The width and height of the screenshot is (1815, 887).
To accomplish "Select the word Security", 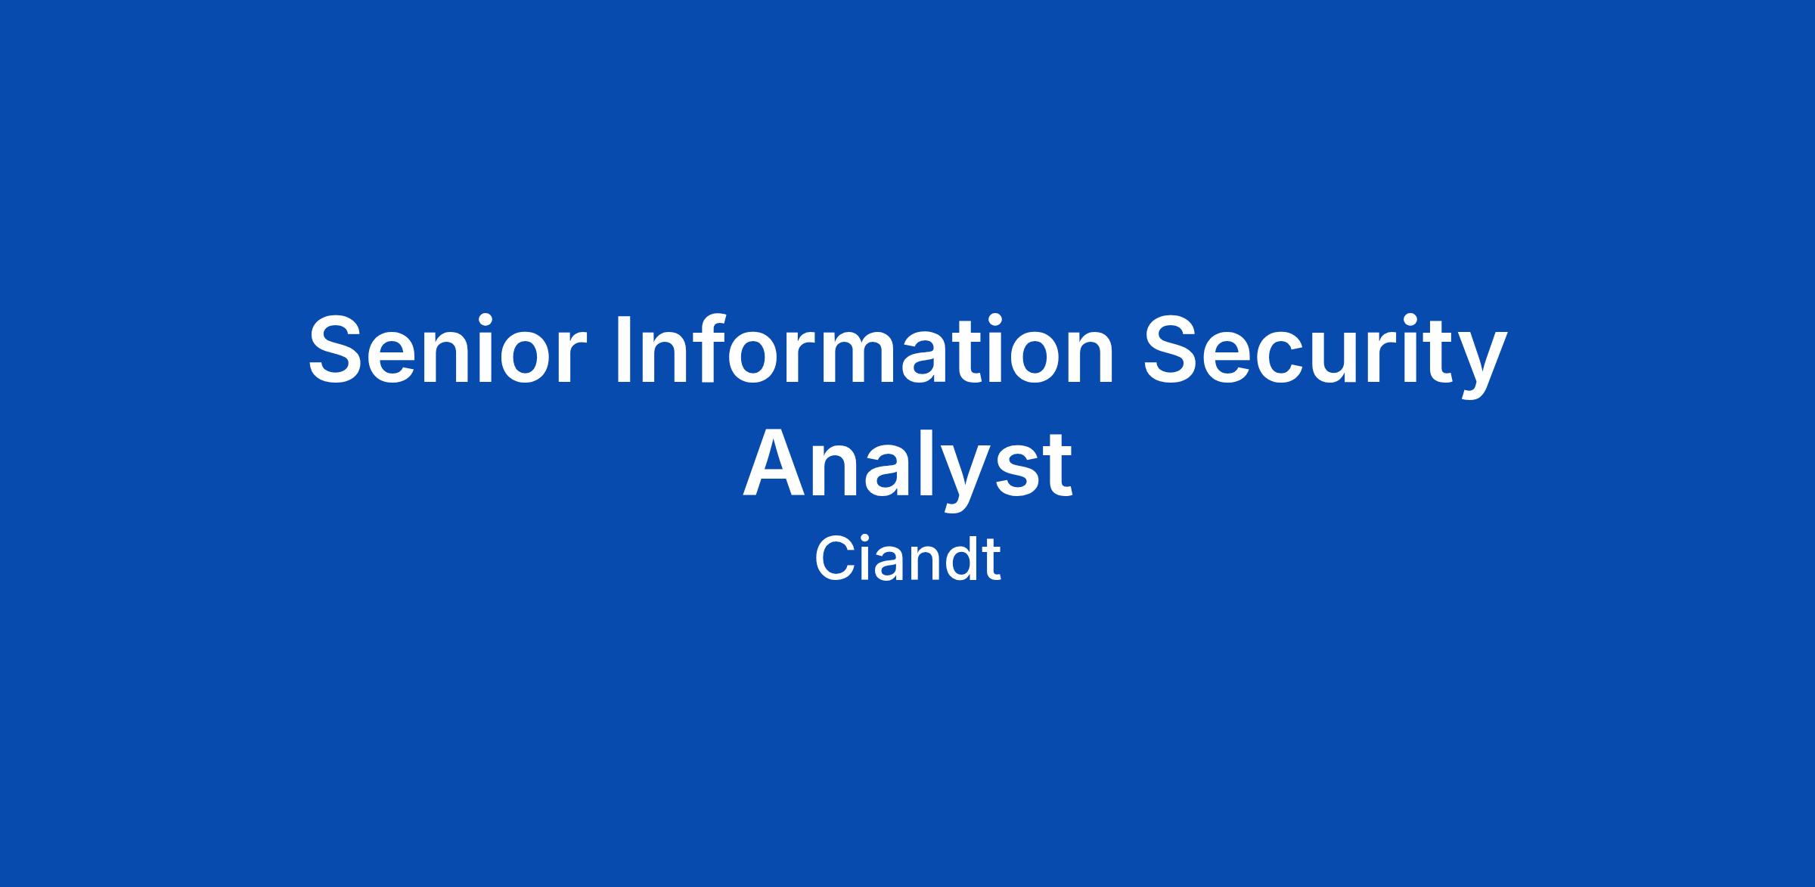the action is (1325, 356).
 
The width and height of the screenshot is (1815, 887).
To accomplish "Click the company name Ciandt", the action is (907, 560).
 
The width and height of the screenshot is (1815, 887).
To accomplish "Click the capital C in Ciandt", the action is (836, 560).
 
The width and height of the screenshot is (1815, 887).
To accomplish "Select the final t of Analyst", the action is (1057, 467).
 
